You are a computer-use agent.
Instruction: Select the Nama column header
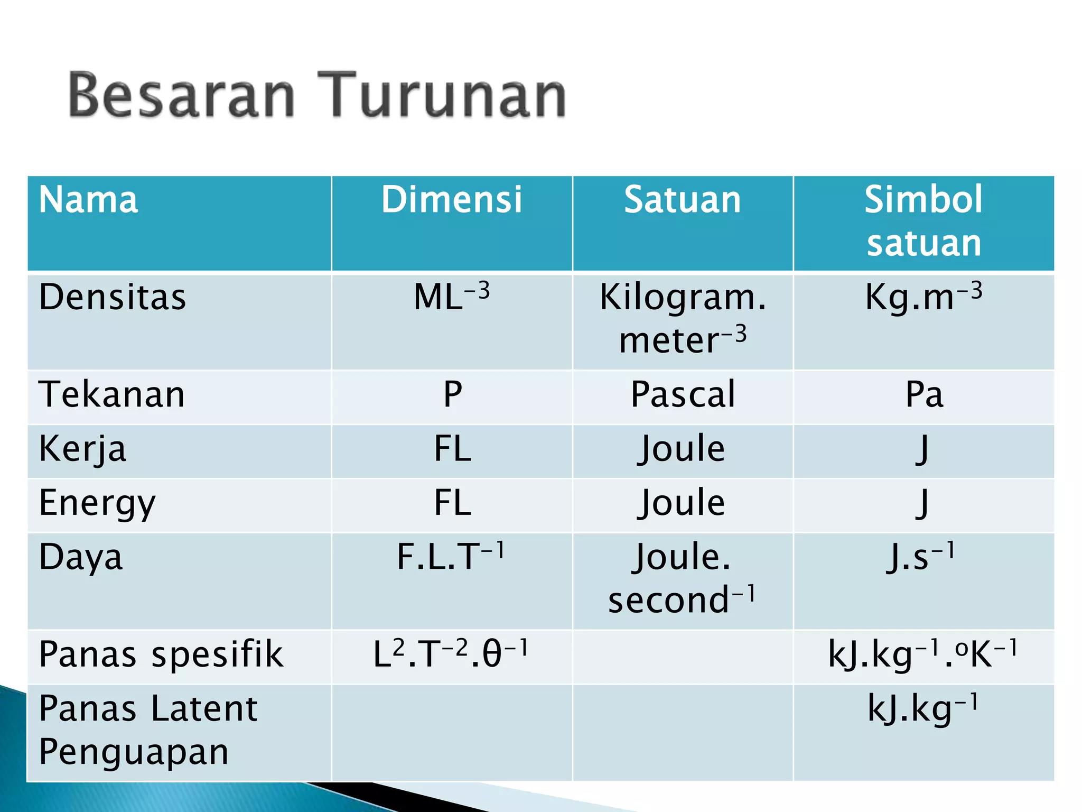[x=88, y=200]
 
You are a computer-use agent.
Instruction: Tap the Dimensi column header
[x=452, y=200]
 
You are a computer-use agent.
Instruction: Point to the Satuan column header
[x=683, y=200]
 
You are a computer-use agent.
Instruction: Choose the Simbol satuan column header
[x=924, y=221]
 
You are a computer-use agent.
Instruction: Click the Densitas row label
[x=113, y=297]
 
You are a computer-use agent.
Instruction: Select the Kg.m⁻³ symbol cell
[x=924, y=296]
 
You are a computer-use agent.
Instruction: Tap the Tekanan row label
[x=112, y=394]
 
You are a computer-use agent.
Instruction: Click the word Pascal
[x=683, y=394]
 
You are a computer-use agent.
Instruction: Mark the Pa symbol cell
[x=924, y=394]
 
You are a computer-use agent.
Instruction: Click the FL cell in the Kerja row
[x=452, y=448]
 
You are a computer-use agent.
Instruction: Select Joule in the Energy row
[x=682, y=502]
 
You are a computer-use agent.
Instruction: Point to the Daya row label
[x=81, y=557]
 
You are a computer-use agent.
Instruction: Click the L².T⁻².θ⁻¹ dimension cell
[x=451, y=654]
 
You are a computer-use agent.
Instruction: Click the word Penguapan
[x=134, y=752]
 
